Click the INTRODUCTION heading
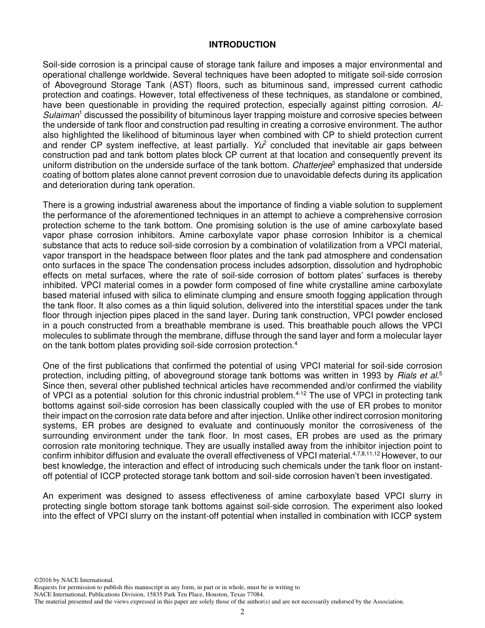pyautogui.click(x=242, y=44)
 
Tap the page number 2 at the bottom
pyautogui.click(x=243, y=612)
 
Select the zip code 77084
pyautogui.click(x=253, y=594)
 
